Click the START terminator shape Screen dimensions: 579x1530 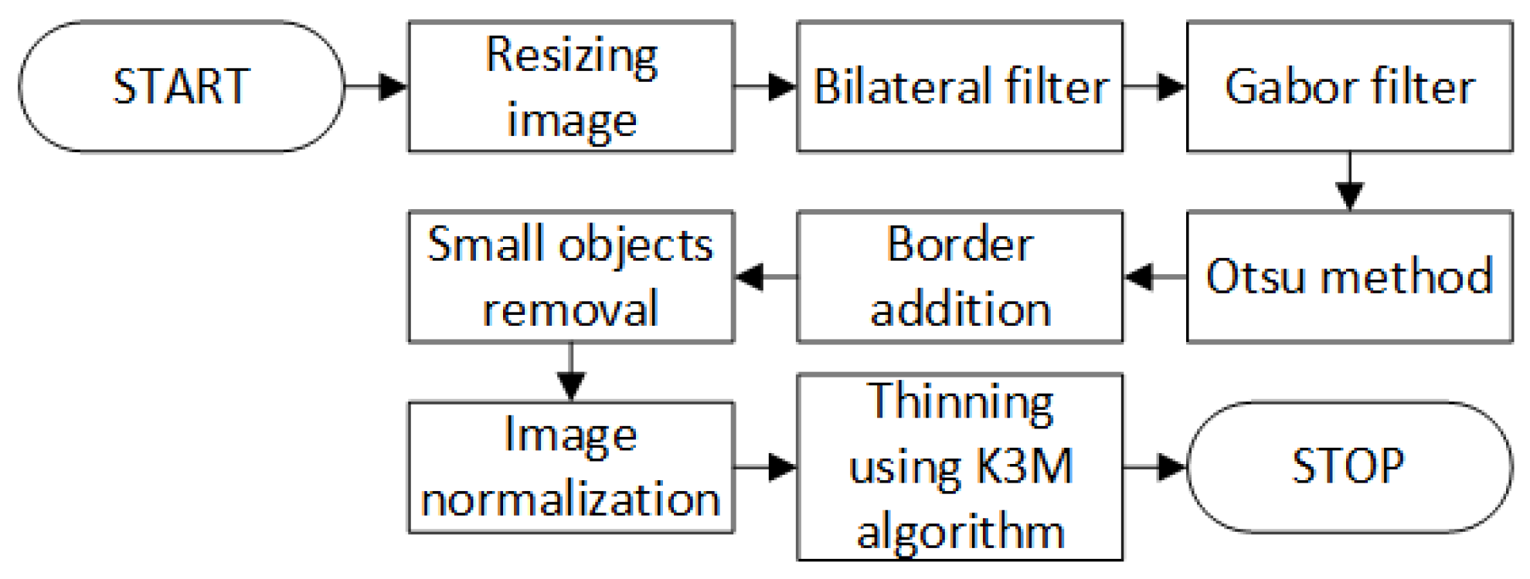181,86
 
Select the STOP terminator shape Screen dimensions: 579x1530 1348,466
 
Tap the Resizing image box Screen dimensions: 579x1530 571,86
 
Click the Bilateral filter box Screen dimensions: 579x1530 960,86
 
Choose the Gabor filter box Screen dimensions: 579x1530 1349,86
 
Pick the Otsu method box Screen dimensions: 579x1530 1349,276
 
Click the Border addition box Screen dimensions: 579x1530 960,276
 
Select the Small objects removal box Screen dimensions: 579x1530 571,276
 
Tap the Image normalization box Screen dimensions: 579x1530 571,466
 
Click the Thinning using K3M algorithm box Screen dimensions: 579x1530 960,466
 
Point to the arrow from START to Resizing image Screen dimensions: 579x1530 376,86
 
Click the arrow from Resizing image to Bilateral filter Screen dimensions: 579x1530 765,86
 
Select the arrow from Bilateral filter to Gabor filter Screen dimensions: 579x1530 1154,86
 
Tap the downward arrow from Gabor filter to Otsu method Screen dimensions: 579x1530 1349,181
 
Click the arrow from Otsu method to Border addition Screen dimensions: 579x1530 1154,276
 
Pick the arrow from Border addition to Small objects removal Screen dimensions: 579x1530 765,276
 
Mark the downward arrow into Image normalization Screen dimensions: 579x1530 571,371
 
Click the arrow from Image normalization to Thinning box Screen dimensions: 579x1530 765,466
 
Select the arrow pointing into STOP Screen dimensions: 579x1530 1154,466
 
